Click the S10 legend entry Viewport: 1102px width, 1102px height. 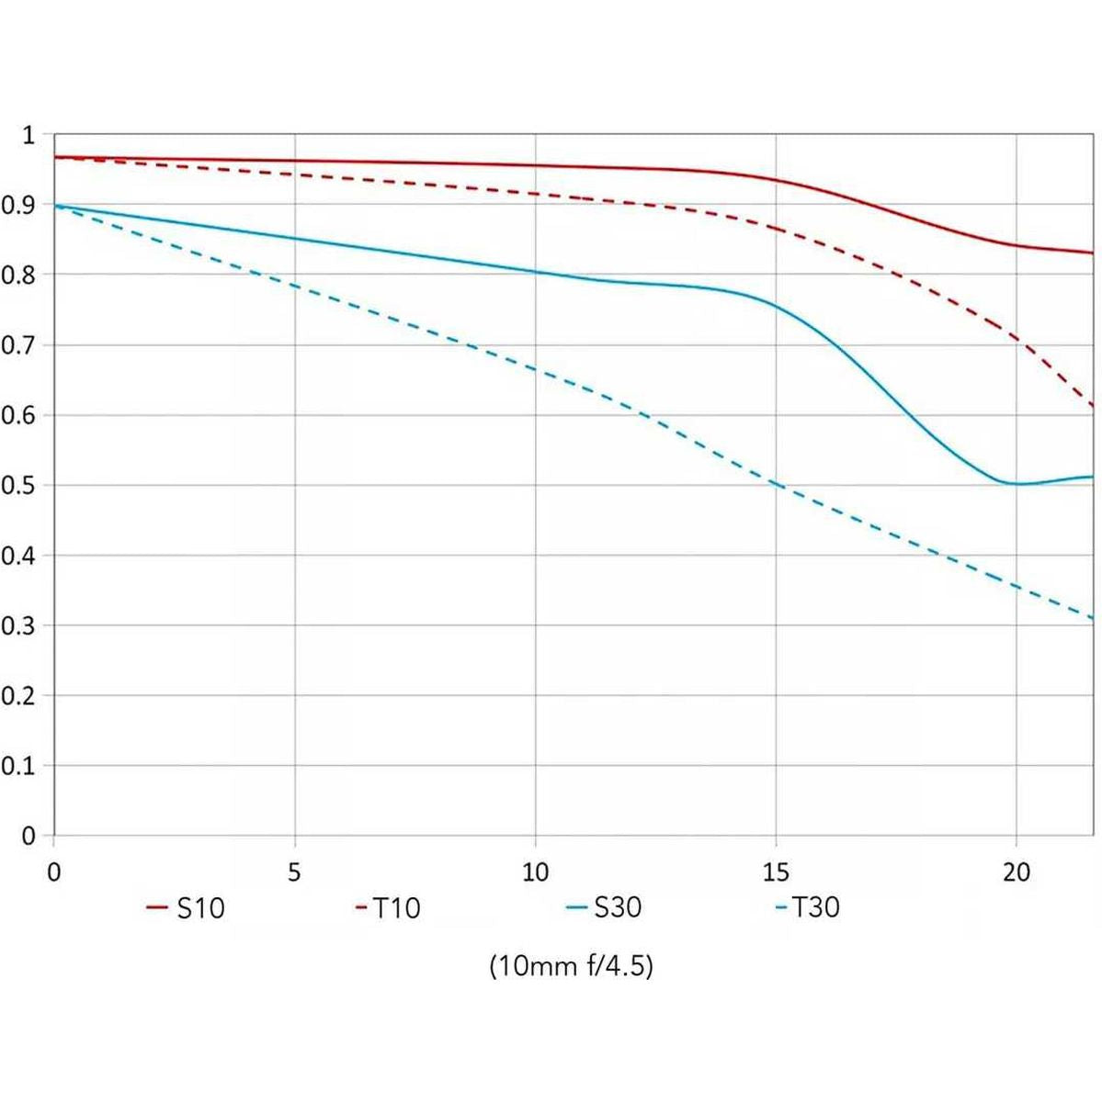[187, 908]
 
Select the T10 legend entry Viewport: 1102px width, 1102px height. [388, 908]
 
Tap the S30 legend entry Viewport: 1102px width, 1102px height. [605, 907]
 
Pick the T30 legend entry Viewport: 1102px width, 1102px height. [808, 907]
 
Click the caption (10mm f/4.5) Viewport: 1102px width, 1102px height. [572, 966]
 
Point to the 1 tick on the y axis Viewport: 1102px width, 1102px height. [28, 136]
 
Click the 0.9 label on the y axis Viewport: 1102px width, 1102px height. [17, 205]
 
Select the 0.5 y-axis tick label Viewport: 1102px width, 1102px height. [17, 485]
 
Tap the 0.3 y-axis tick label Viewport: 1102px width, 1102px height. [17, 625]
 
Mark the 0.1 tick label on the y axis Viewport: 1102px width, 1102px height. [17, 766]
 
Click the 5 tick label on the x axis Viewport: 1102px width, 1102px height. [294, 871]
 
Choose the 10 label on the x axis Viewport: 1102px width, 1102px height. [535, 871]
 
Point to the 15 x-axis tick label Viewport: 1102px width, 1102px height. [776, 871]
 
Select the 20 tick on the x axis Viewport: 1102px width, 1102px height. [1017, 871]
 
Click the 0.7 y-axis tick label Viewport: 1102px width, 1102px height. [17, 345]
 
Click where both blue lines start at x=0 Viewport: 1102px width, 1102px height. [54, 206]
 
